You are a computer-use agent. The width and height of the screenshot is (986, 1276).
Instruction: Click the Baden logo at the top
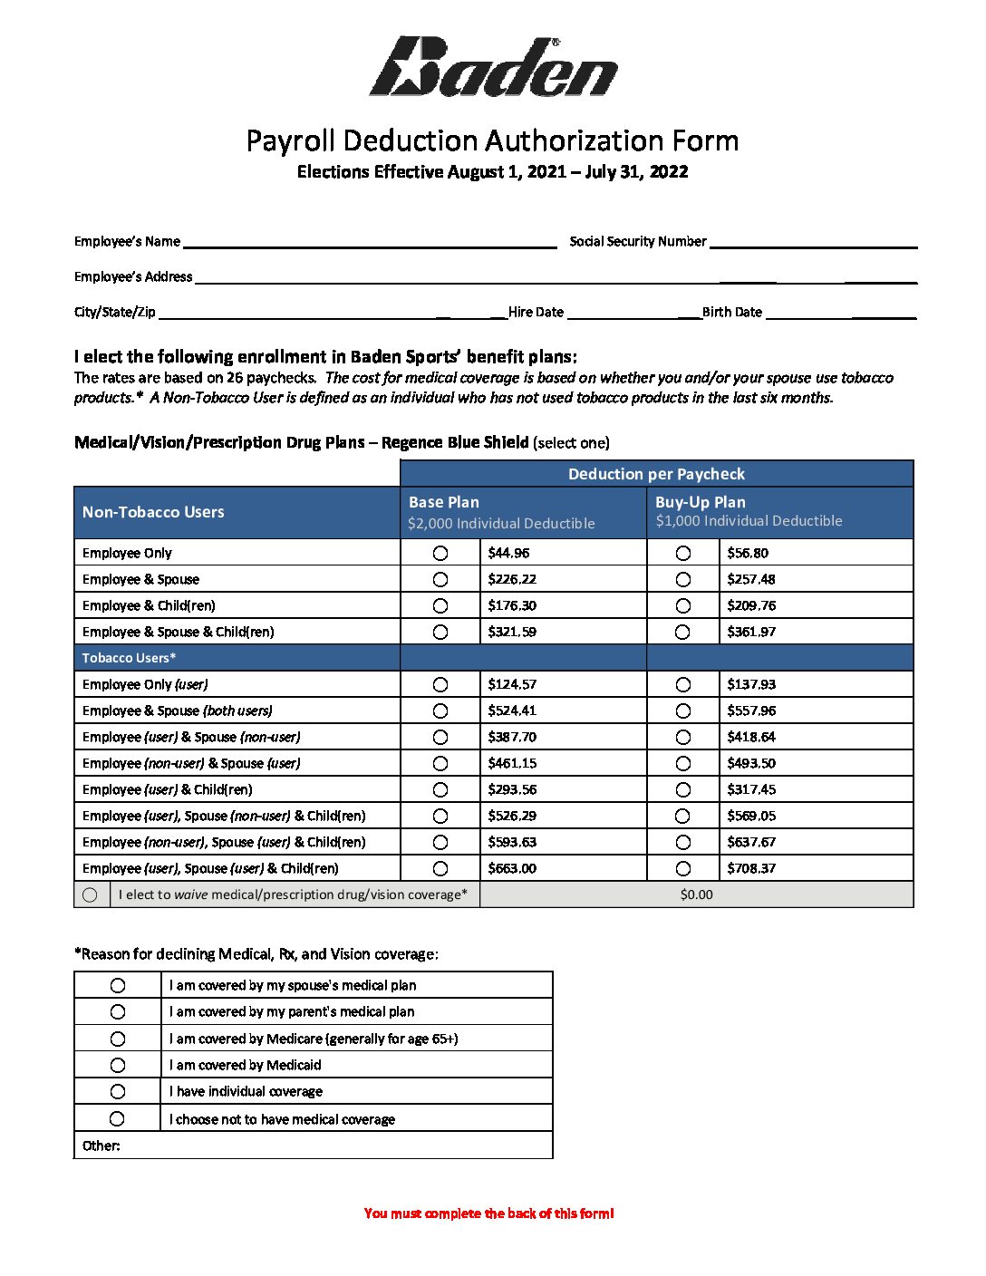(494, 67)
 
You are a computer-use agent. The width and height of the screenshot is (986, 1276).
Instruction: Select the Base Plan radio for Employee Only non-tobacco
(440, 553)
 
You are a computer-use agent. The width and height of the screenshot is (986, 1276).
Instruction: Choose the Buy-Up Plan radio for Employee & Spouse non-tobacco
(683, 579)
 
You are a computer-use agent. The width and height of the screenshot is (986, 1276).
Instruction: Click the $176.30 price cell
(512, 605)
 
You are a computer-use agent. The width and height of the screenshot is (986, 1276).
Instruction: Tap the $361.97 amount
(751, 632)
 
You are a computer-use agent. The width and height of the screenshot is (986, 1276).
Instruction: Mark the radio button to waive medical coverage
(90, 894)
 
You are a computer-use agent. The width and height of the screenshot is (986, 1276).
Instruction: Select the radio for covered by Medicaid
(118, 1065)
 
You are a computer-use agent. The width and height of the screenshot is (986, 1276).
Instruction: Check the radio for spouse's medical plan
(118, 985)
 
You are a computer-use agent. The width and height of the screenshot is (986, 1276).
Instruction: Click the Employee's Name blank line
(369, 242)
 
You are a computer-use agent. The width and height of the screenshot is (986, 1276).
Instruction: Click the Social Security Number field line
(813, 242)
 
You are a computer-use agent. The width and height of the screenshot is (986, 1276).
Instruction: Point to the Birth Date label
(732, 313)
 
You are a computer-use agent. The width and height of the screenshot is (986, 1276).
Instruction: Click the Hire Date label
(536, 313)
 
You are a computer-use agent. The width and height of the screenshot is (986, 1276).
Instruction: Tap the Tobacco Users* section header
(129, 658)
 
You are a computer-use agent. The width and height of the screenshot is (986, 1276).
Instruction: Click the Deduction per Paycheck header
(656, 474)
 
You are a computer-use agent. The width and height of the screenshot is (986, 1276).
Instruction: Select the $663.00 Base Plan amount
(512, 868)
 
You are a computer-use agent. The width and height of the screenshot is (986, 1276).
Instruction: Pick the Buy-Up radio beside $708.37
(683, 868)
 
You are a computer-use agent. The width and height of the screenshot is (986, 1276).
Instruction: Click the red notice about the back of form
(489, 1213)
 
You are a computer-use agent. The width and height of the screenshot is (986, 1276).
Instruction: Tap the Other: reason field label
(101, 1145)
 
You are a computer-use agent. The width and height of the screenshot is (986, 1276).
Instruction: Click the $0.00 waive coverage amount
(696, 894)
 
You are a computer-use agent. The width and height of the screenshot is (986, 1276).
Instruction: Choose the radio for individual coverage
(118, 1091)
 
